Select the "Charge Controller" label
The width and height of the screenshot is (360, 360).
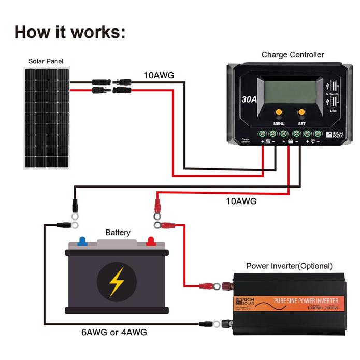(293, 54)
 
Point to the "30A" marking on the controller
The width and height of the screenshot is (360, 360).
(249, 98)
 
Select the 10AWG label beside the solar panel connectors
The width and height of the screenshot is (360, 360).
(159, 75)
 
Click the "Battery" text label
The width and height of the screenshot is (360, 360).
(118, 233)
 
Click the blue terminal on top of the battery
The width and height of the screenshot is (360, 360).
(82, 241)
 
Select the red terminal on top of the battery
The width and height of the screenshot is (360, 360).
(151, 241)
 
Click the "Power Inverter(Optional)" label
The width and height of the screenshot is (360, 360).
(289, 266)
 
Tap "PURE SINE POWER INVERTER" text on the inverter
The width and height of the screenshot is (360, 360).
(306, 300)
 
